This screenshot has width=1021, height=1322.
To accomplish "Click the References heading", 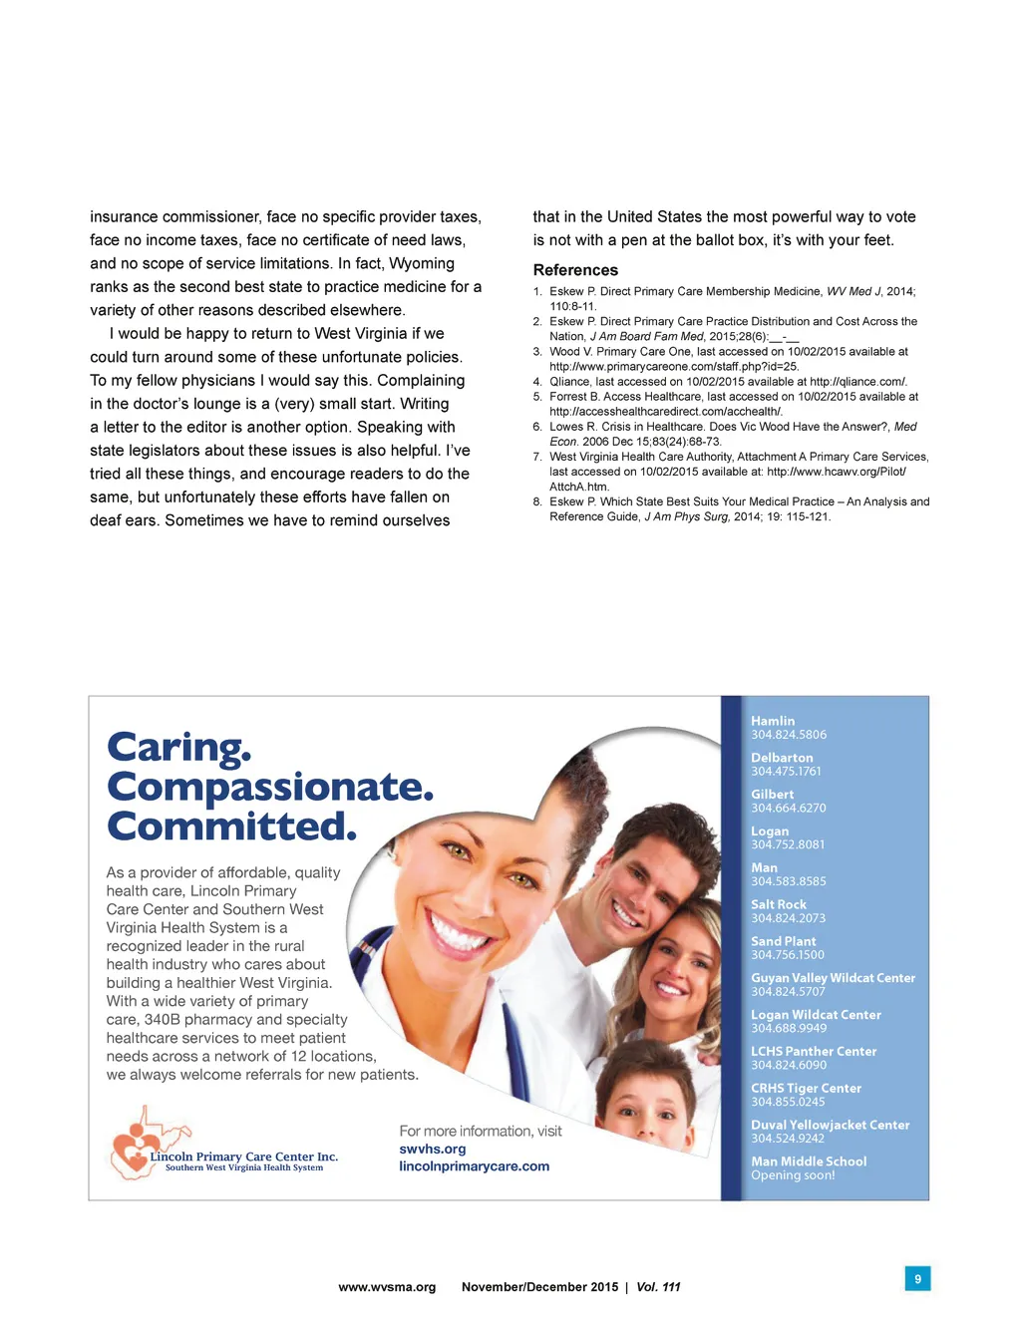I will (575, 270).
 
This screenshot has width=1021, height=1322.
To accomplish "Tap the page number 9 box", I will (917, 1278).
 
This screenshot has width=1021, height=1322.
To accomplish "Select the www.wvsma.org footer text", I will (387, 1287).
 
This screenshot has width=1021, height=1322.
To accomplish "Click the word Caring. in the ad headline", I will (179, 747).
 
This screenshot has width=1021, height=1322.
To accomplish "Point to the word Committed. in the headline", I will (231, 826).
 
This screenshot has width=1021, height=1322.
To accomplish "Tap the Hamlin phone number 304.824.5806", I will (789, 735).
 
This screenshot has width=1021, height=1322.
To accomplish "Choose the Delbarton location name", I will (782, 758).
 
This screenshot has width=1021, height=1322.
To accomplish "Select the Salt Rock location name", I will (779, 904).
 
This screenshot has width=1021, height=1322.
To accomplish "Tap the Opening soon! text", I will (793, 1175).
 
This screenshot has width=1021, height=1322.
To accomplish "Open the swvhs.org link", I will (433, 1149).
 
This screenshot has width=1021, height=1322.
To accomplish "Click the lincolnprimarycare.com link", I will (474, 1166).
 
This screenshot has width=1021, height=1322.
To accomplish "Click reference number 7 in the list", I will (537, 457).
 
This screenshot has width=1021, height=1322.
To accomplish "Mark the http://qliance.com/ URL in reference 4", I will (857, 382).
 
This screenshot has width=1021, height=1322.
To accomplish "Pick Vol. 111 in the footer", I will (658, 1287).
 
